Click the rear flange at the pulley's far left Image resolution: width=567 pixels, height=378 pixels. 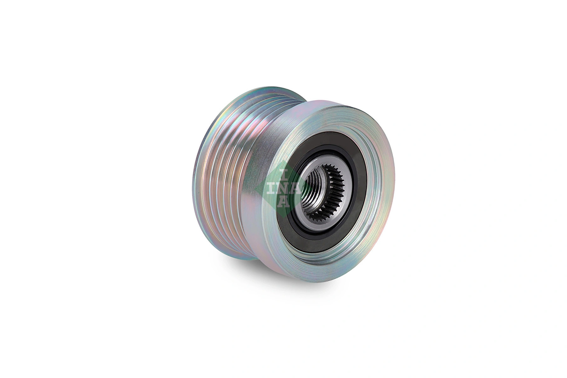pyautogui.click(x=202, y=176)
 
